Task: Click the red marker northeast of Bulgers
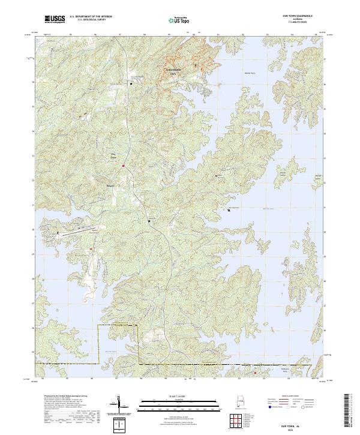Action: pyautogui.click(x=124, y=165)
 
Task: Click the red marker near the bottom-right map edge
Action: pyautogui.click(x=254, y=372)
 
